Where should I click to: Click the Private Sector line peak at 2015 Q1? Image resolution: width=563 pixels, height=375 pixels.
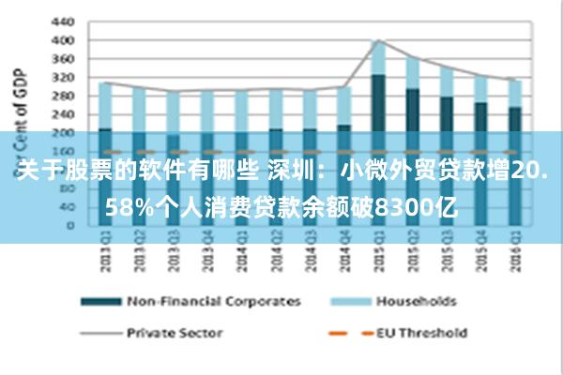click(378, 40)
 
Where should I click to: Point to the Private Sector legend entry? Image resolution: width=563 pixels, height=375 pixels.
click(175, 332)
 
